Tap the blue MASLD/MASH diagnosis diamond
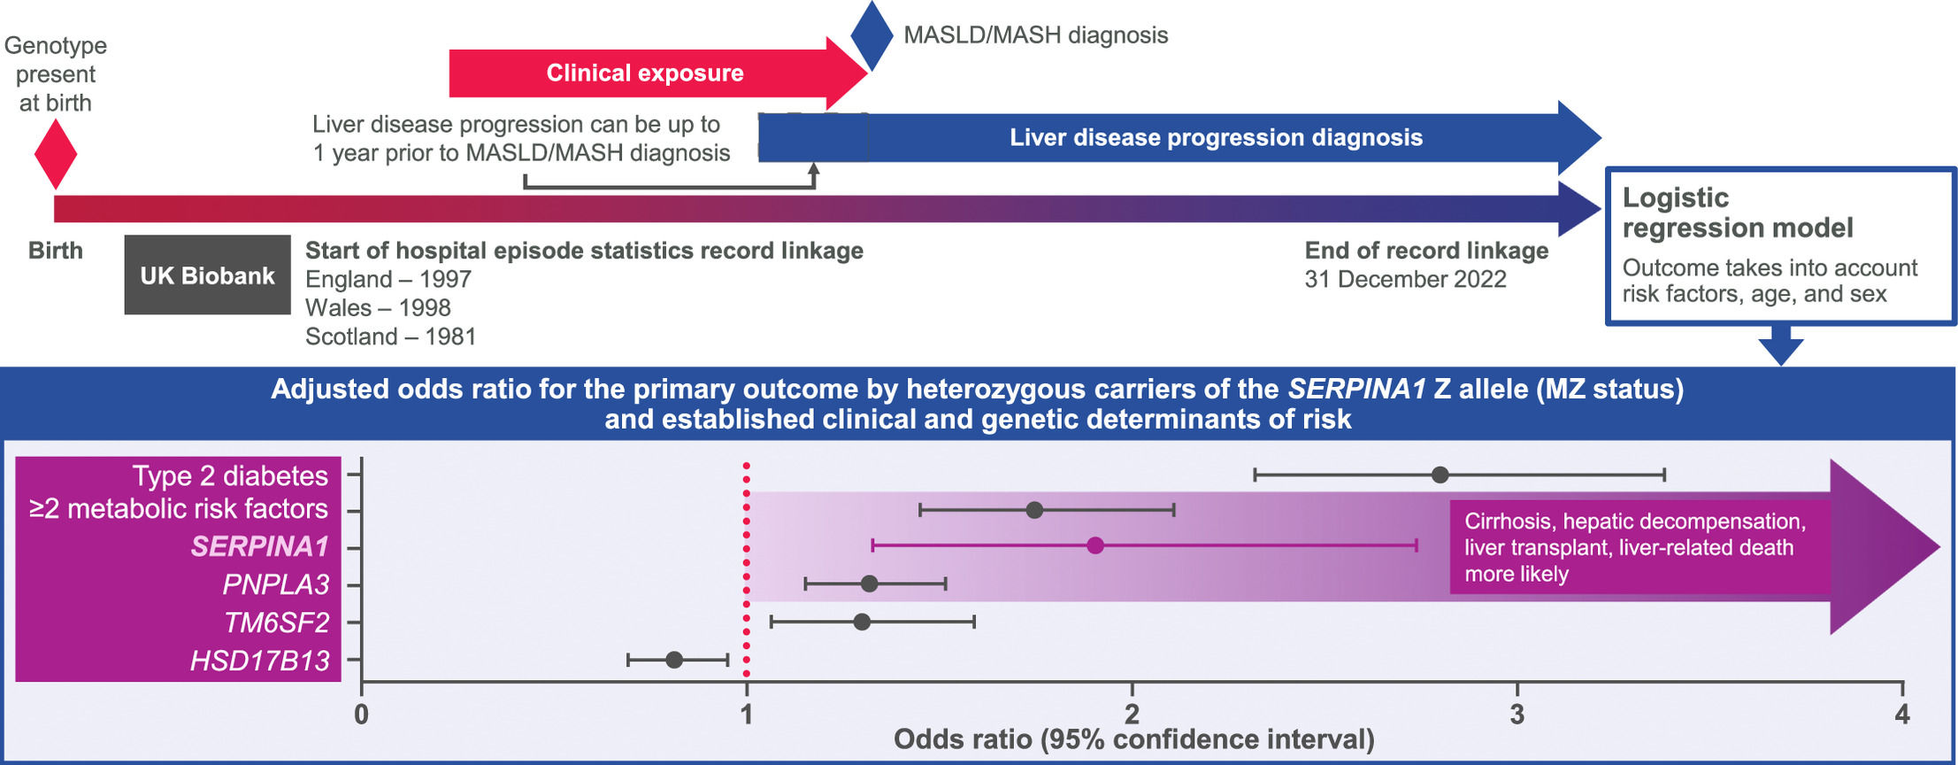coord(872,35)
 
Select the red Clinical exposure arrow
coord(646,73)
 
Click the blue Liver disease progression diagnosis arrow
coord(1216,137)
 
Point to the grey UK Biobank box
coord(207,275)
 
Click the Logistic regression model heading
coord(1737,212)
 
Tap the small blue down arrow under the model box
coord(1780,345)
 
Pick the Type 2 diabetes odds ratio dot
coord(1440,475)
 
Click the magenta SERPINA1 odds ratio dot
coord(1094,545)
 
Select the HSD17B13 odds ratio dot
coord(674,660)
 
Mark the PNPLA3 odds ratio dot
coord(869,583)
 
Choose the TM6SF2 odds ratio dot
coord(862,622)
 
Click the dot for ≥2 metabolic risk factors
coord(1034,510)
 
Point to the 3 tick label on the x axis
coord(1516,715)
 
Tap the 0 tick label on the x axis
coord(361,715)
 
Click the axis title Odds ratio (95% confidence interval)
coord(1133,740)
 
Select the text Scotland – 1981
coord(390,336)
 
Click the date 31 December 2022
coord(1405,280)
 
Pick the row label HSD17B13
coord(259,661)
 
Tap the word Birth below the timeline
coord(56,251)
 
